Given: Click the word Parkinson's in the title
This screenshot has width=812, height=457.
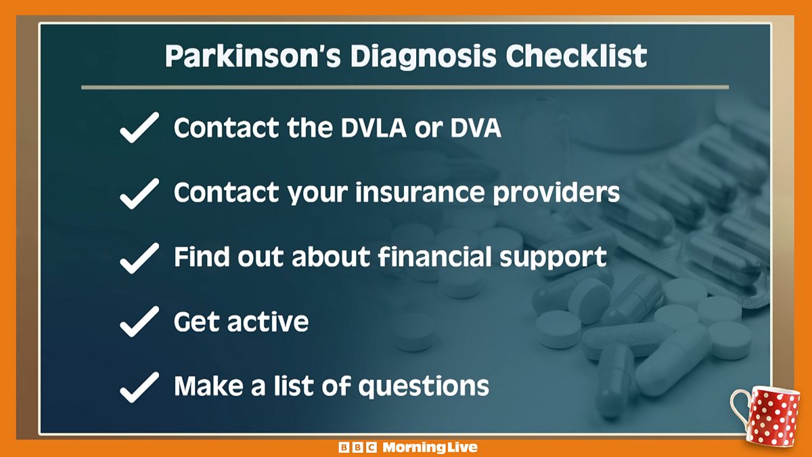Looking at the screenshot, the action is pos(252,56).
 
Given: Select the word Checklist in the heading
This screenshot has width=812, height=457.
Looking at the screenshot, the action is pos(577,56).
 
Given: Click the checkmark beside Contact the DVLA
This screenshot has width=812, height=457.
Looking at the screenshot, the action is pos(139,127).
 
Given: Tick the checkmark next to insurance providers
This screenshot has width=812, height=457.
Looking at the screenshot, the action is pos(139,194).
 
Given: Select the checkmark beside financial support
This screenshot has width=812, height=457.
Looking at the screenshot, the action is pos(139,258).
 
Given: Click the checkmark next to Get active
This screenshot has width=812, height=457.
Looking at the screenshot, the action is pos(139,322).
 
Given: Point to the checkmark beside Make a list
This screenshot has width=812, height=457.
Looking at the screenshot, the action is pos(139,387).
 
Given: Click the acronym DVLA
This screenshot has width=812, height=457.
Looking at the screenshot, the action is pos(374,128).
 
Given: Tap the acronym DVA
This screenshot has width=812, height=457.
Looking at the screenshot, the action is pos(476,128).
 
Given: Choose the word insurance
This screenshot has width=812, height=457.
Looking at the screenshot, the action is pos(420,192).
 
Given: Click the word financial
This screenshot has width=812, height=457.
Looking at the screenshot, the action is pos(434,256).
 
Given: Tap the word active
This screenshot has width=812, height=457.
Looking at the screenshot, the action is pos(268,322).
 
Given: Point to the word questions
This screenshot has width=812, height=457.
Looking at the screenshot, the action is pos(424,387).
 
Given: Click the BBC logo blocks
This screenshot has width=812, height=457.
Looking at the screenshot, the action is pos(357,448).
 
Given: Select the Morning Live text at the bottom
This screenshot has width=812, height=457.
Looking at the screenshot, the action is pos(430,448).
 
